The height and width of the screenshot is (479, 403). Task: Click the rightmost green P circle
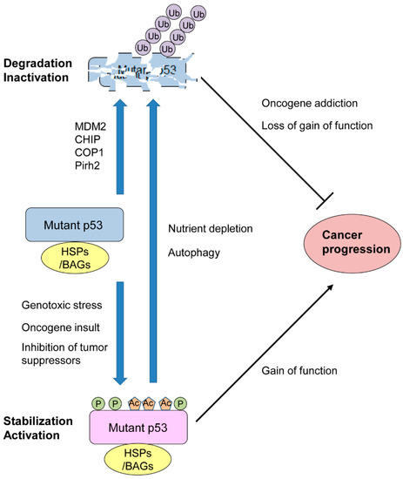179,403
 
